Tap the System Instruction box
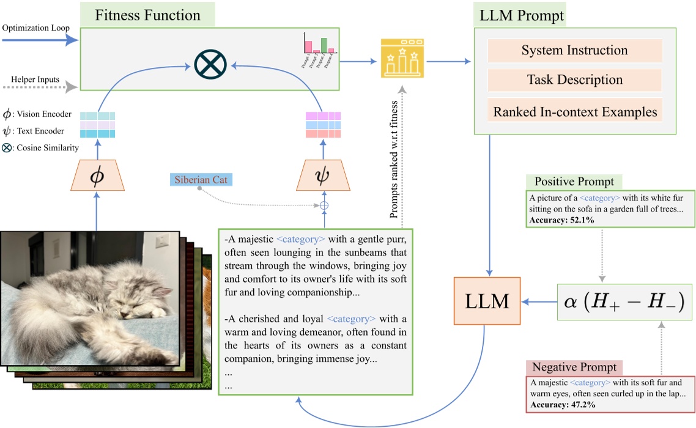(x=574, y=50)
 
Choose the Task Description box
(x=574, y=79)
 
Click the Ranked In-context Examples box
(x=574, y=112)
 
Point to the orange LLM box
(x=487, y=300)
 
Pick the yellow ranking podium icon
(x=403, y=58)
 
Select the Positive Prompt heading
(x=574, y=182)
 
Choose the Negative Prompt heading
(x=574, y=368)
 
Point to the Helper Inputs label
(x=34, y=79)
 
